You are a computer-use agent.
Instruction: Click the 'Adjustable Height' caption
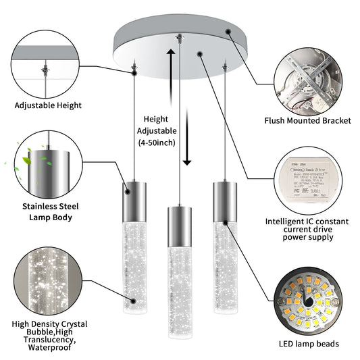[x=48, y=105]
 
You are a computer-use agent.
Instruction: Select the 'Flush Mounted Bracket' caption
[x=308, y=122]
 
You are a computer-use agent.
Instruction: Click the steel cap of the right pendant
[x=223, y=197]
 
